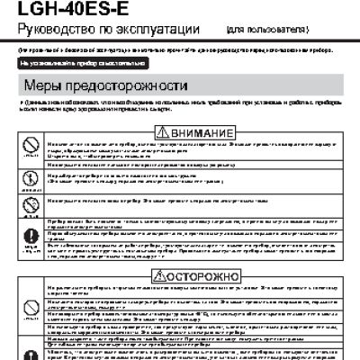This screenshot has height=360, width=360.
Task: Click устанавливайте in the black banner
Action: pos(51,65)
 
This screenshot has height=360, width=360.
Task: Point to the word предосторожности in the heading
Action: pos(116,89)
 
